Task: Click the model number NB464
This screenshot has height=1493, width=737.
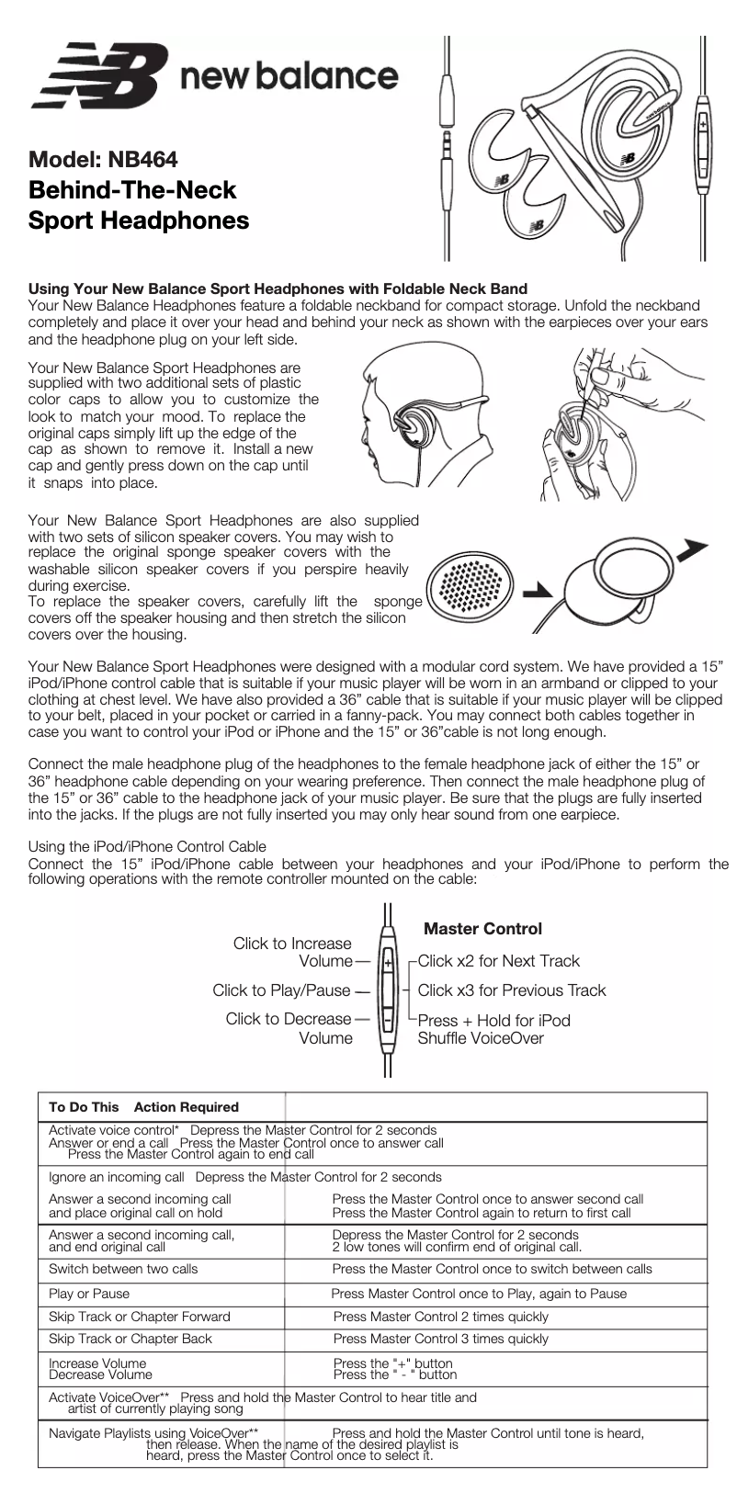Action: [x=142, y=159]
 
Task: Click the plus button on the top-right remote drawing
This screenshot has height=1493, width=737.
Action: [x=703, y=123]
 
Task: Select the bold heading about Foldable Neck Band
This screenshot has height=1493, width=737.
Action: [x=278, y=288]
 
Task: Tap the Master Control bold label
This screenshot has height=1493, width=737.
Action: [x=482, y=929]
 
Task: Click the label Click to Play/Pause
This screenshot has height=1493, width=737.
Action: [x=281, y=990]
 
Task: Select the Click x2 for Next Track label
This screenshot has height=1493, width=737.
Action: [x=499, y=961]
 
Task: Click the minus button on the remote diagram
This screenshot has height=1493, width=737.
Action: [x=388, y=1020]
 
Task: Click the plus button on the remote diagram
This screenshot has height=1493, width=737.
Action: [x=388, y=963]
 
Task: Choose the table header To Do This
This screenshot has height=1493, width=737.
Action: [x=84, y=1107]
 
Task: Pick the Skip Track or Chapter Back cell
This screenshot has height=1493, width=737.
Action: [x=130, y=1339]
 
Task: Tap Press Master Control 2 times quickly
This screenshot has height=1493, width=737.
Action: [x=440, y=1316]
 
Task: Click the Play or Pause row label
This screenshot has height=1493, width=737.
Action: [x=89, y=1293]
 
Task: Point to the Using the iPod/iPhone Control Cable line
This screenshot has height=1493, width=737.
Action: [x=148, y=846]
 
